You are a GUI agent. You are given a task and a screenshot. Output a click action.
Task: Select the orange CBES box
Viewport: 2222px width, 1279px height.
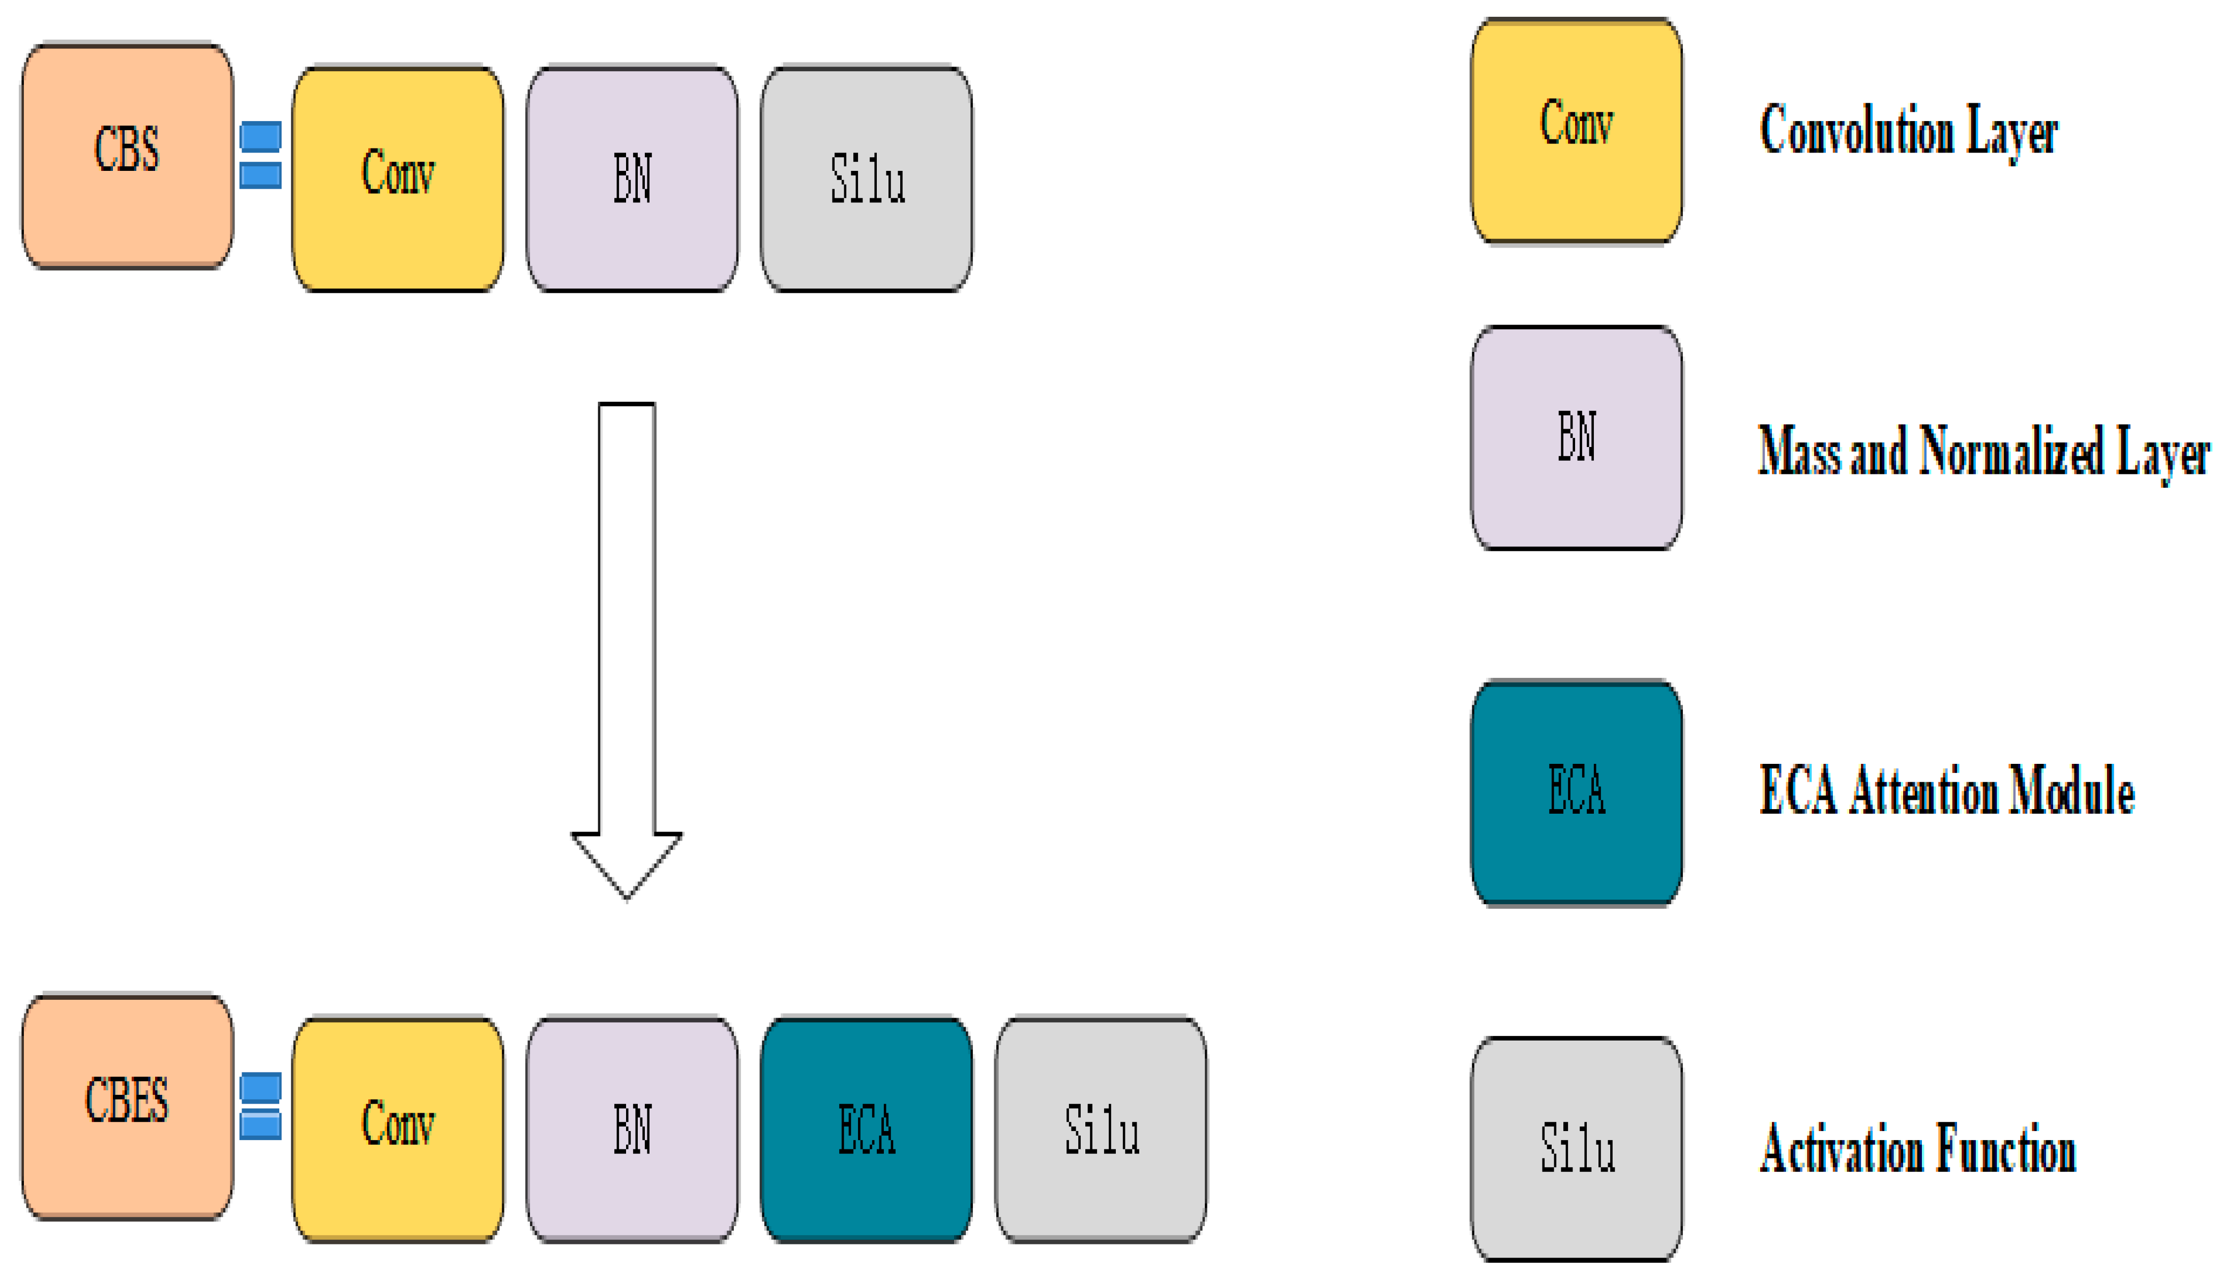click(x=127, y=1107)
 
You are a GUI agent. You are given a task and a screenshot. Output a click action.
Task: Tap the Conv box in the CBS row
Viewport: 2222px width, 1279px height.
click(x=398, y=179)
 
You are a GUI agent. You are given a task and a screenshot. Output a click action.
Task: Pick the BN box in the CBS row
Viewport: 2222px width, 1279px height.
click(x=632, y=179)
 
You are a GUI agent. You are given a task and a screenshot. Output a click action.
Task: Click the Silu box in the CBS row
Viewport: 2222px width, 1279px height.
click(x=866, y=179)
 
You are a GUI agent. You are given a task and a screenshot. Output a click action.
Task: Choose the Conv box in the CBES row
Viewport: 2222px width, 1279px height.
click(x=398, y=1129)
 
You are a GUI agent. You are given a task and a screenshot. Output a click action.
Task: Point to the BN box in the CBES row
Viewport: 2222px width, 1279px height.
click(x=632, y=1129)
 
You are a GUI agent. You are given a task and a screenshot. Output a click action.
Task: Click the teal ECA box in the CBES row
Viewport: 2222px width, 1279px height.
click(x=866, y=1129)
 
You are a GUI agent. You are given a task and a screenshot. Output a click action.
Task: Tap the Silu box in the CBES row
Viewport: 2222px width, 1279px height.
click(x=1101, y=1129)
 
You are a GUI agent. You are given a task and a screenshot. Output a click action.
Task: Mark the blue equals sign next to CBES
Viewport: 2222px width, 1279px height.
click(x=261, y=1106)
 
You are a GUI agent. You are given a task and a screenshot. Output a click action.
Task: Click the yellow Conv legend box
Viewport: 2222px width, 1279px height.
click(x=1577, y=130)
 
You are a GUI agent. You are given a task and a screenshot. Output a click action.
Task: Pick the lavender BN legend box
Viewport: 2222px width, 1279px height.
click(x=1577, y=437)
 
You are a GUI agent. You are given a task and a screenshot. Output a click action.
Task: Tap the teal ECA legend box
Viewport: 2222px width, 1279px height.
click(x=1577, y=792)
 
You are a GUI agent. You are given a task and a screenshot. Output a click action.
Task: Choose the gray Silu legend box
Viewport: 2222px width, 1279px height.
click(x=1577, y=1149)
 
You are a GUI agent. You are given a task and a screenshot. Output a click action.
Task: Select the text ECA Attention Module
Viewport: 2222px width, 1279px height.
click(x=1946, y=791)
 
